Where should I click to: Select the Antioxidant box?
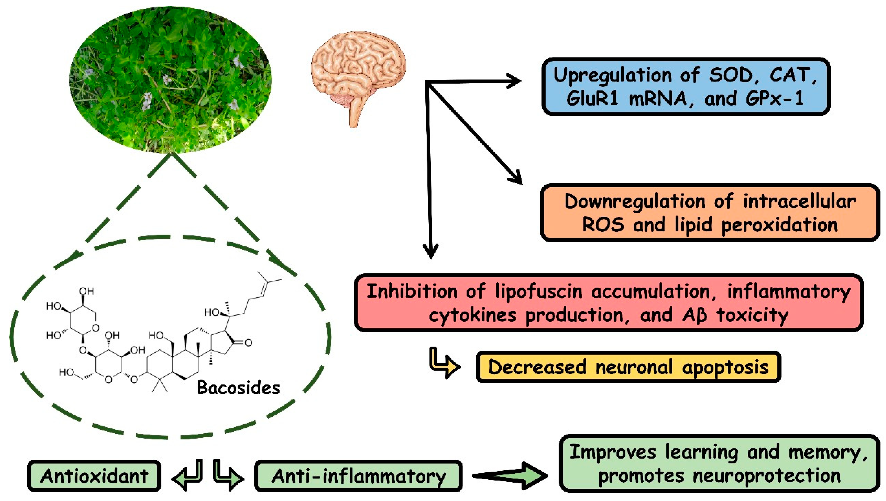click(94, 476)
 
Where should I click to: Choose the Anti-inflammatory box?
click(358, 476)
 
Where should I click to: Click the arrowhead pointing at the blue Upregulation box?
click(515, 81)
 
